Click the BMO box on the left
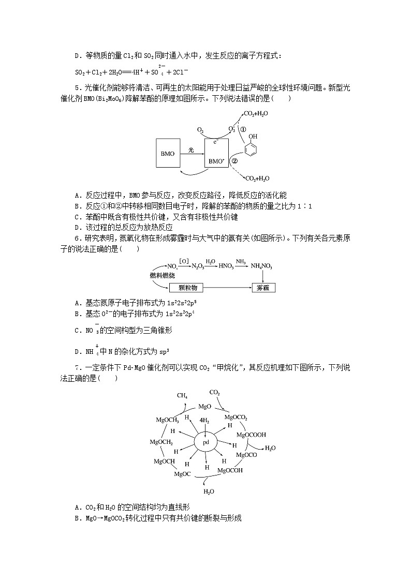[168, 154]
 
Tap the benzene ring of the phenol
[251, 150]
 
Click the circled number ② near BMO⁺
[234, 161]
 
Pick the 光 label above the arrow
[190, 150]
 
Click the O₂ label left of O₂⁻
[200, 130]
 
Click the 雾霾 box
[263, 288]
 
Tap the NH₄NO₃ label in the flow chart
[262, 266]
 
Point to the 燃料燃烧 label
[159, 275]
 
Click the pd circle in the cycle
[205, 443]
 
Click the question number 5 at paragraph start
[77, 87]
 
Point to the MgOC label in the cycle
[182, 473]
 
